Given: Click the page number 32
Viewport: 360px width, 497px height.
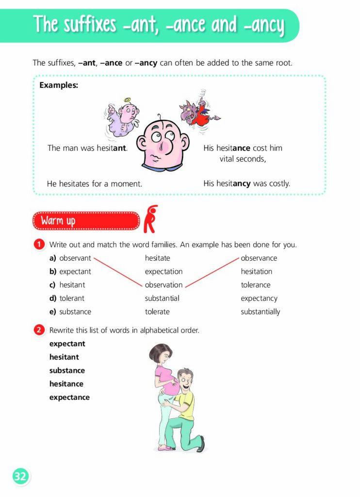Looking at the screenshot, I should click(x=20, y=477).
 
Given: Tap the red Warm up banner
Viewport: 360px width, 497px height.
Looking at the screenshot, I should click(x=85, y=221).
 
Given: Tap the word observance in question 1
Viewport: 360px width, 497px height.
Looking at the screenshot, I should click(x=259, y=258).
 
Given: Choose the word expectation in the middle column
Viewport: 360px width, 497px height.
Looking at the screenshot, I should click(x=164, y=271).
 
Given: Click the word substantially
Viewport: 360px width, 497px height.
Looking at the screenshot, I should click(x=260, y=312).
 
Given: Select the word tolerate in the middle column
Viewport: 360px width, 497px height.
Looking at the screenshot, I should click(x=157, y=312).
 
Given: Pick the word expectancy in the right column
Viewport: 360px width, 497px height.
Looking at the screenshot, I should click(x=259, y=298).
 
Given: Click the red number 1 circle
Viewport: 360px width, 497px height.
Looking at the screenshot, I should click(x=39, y=245).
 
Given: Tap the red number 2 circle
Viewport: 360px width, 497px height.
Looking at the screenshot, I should click(x=39, y=330).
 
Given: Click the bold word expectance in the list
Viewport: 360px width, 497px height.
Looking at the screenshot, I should click(x=69, y=397).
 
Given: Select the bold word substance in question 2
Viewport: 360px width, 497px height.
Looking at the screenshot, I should click(x=67, y=370).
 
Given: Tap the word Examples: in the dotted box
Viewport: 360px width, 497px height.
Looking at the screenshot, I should click(x=59, y=85).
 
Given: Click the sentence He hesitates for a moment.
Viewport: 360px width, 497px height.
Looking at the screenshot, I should click(x=95, y=184).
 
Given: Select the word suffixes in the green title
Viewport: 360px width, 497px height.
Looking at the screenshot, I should click(x=89, y=25).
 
